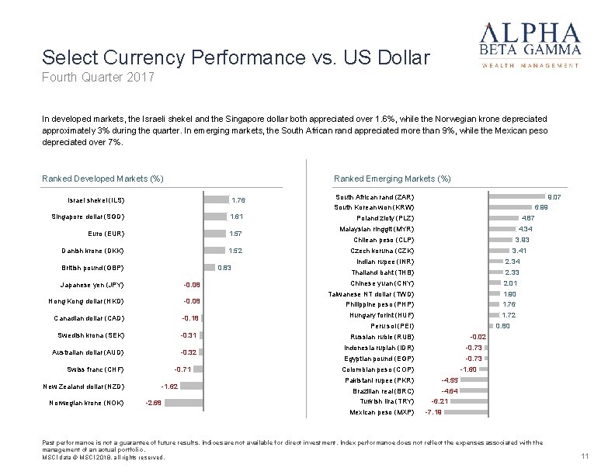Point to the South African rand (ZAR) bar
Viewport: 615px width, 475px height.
pos(517,197)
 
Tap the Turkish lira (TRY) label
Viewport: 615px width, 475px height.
pos(394,400)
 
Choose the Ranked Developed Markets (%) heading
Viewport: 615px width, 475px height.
pos(102,179)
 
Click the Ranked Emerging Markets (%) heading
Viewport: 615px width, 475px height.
pos(391,179)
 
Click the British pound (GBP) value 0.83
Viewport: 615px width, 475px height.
pos(224,268)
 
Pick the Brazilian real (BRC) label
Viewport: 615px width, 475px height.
pos(384,390)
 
